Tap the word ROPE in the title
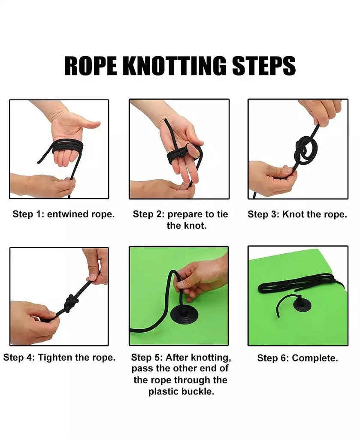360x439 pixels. click(91, 66)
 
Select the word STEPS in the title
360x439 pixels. click(264, 66)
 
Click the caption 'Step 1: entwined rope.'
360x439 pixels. click(64, 214)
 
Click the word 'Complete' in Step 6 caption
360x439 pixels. click(315, 358)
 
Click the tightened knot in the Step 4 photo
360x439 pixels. click(71, 303)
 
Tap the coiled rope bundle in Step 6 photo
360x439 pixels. click(300, 283)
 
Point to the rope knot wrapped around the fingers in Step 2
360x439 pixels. click(179, 155)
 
